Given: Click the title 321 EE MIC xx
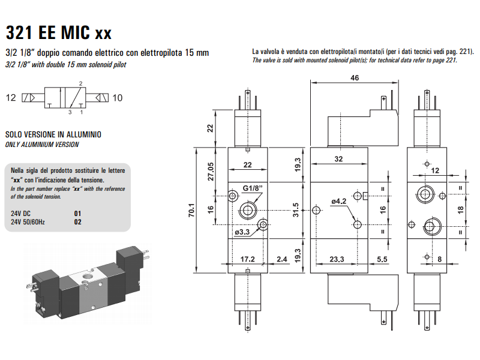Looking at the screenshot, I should (58, 31).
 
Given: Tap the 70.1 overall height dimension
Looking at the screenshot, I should (191, 209).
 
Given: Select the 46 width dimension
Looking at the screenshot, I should (354, 79).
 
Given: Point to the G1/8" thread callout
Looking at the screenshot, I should (253, 188).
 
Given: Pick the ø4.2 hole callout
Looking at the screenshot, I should (339, 202).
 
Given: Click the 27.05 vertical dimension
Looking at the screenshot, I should (211, 171).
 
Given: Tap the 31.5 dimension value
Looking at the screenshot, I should (295, 210).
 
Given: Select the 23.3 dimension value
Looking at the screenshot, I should (337, 260).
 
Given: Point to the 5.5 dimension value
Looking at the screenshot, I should (382, 260).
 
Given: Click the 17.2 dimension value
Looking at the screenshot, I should (247, 260).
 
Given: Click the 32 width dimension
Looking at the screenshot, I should (338, 159).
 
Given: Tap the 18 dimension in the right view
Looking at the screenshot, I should (460, 209).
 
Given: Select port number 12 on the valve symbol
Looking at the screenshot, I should (11, 98).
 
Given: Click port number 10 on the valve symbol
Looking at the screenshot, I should (118, 98).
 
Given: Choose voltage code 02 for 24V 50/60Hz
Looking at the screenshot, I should (77, 221).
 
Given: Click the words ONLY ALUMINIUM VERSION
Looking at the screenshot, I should (42, 145).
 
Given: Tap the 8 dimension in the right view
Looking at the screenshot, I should (440, 260).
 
